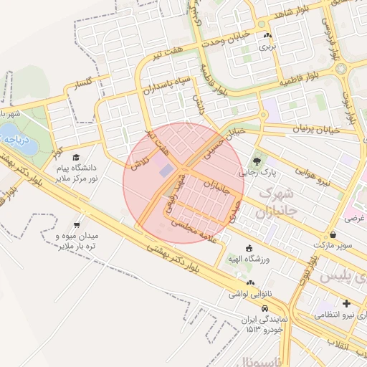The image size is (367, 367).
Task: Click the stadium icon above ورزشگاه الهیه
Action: click(x=249, y=248)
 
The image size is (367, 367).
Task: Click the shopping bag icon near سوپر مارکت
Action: click(x=333, y=234)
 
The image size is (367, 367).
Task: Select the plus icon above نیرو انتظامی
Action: click(x=347, y=302)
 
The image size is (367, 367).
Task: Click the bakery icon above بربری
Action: click(x=267, y=35)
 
